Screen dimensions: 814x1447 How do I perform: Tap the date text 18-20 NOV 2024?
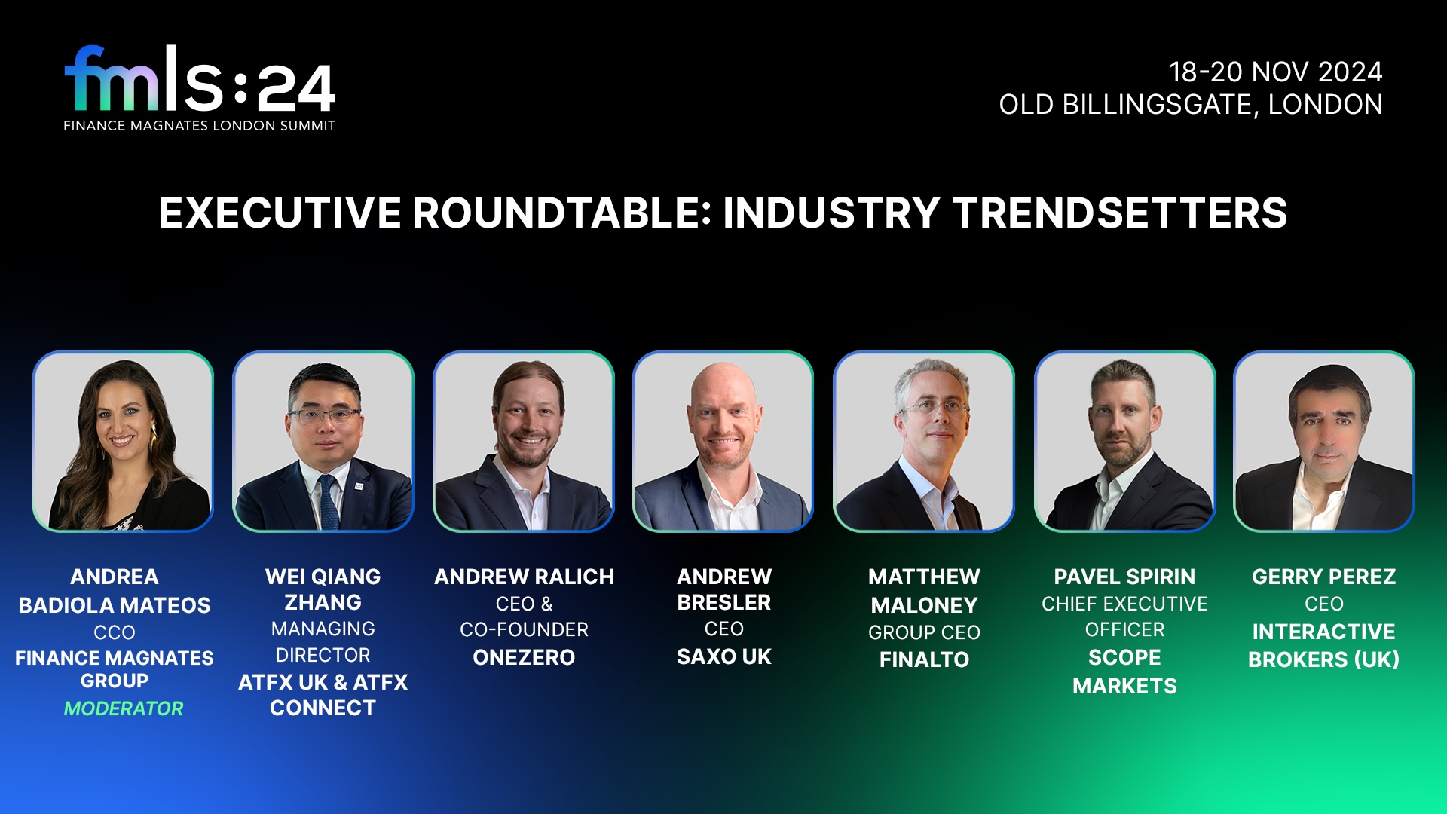tap(1275, 72)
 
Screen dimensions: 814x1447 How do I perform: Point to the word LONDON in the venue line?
tap(1325, 105)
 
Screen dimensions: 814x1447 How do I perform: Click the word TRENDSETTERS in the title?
tap(1120, 213)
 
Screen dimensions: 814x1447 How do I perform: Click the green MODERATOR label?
tap(124, 708)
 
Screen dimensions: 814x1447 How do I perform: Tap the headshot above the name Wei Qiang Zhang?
tap(323, 442)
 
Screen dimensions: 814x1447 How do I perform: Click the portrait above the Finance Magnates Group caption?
tap(124, 442)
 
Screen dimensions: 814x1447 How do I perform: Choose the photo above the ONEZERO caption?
tap(524, 442)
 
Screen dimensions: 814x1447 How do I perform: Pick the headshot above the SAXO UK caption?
tap(723, 442)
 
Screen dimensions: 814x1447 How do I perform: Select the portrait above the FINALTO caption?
tap(924, 442)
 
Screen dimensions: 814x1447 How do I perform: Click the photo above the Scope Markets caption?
tap(1124, 442)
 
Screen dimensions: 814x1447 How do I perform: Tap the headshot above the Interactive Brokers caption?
tap(1323, 442)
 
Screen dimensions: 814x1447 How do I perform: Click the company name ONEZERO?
tap(524, 657)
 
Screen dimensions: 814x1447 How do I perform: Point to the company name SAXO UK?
tap(723, 656)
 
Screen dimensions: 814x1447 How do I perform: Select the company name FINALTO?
tap(924, 659)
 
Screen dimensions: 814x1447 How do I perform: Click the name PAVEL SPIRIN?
tap(1124, 577)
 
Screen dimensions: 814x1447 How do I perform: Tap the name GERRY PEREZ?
tap(1323, 577)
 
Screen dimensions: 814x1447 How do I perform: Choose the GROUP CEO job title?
tap(924, 632)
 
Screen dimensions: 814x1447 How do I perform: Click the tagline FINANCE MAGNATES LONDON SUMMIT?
tap(200, 126)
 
